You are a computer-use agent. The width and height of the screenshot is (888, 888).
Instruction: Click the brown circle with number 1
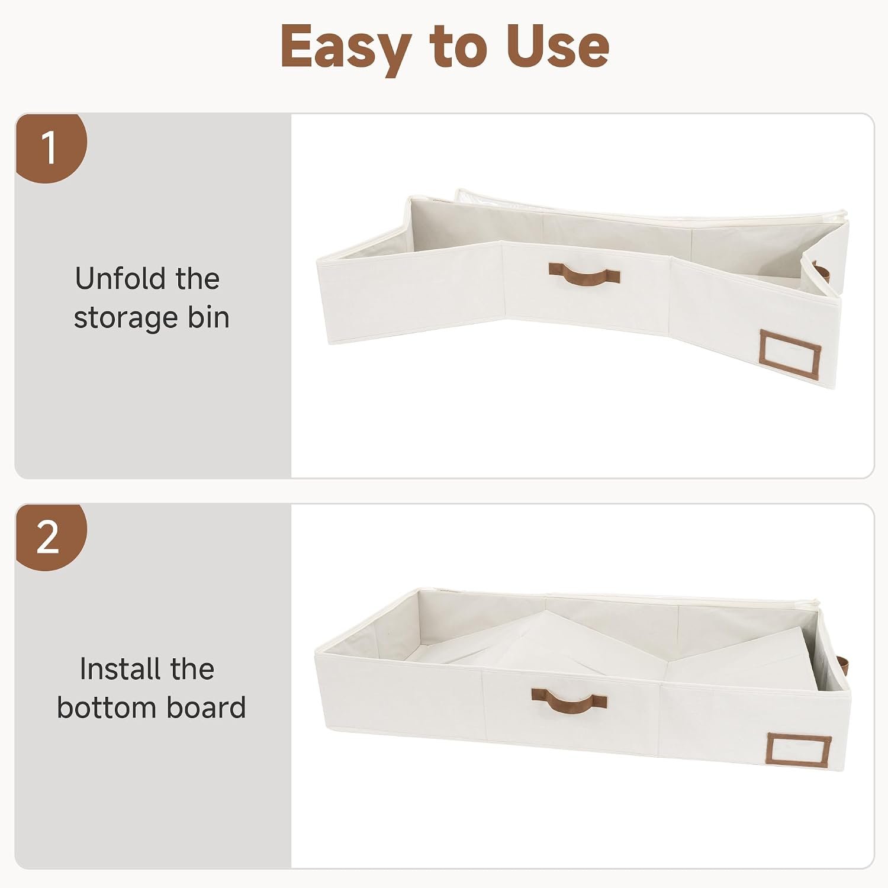click(50, 147)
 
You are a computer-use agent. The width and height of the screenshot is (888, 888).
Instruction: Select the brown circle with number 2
click(50, 537)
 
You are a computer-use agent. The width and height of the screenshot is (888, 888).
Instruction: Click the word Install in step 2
click(120, 669)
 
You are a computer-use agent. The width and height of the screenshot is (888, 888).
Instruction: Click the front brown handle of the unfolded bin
click(584, 274)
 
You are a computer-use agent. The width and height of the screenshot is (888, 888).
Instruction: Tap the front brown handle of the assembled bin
click(569, 701)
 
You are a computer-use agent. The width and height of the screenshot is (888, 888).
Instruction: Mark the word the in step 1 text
click(197, 278)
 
